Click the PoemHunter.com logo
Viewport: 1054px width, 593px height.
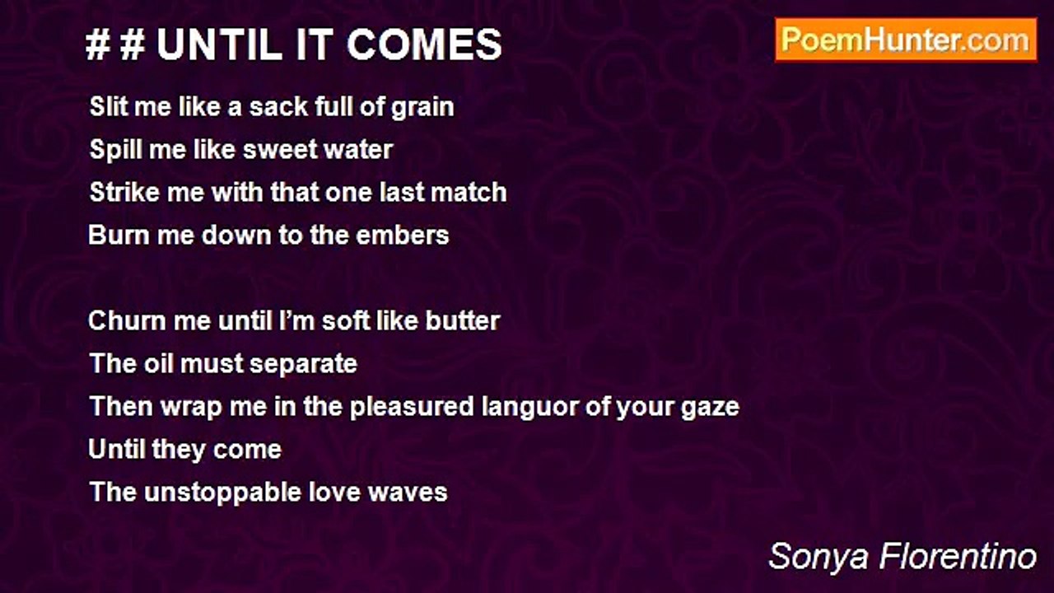pos(906,40)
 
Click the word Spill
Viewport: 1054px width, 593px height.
pos(111,150)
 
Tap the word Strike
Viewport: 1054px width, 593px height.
pos(121,193)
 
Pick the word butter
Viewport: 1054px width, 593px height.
pos(463,320)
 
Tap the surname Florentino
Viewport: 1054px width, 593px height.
pos(957,557)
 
